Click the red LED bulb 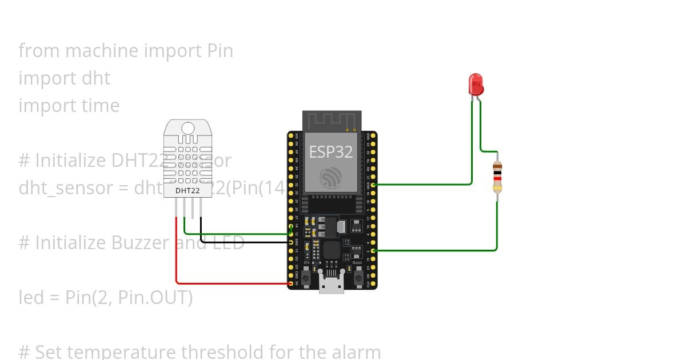pos(476,84)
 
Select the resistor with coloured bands pos(497,177)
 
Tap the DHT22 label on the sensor pos(188,190)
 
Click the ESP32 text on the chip pos(331,152)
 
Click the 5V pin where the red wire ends pos(291,283)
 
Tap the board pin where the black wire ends pos(291,242)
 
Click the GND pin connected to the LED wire pos(373,185)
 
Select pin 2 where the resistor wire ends pos(373,250)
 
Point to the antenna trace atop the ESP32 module pos(332,121)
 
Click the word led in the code pos(30,297)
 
